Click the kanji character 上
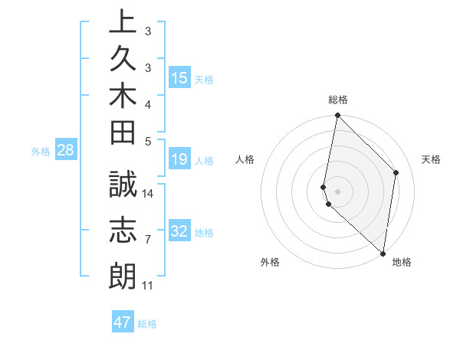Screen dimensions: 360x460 point(123,23)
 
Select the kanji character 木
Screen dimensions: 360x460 point(123,97)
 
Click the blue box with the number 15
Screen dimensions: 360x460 point(179,77)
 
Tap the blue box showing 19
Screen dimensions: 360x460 point(179,159)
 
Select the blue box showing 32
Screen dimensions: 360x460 point(179,231)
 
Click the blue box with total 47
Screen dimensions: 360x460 point(123,322)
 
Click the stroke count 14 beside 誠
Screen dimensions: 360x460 point(148,193)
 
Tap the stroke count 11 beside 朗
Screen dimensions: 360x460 point(147,286)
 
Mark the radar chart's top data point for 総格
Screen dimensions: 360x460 point(337,116)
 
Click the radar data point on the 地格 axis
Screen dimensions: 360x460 point(383,253)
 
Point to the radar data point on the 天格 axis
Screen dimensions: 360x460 point(396,172)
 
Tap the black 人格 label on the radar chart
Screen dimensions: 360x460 point(245,159)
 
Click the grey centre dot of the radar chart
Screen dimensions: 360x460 point(337,191)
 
